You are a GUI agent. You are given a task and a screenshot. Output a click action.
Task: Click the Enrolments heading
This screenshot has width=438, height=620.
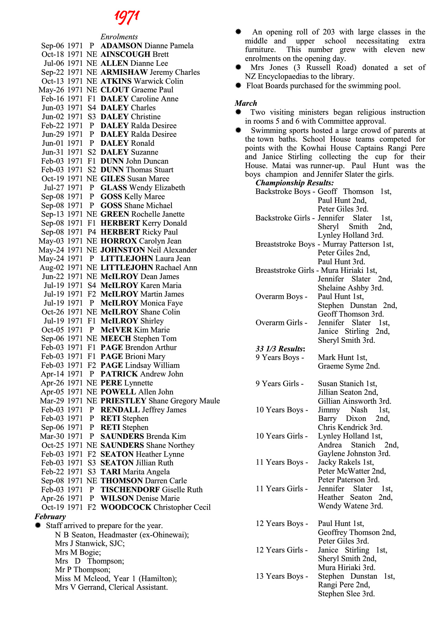119,37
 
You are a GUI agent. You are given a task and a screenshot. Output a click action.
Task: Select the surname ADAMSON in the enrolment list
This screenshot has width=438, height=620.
121,46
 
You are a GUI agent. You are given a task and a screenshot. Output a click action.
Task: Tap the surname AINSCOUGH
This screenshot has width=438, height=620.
125,54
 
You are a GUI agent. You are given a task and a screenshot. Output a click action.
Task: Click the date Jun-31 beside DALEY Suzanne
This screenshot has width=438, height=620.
53,152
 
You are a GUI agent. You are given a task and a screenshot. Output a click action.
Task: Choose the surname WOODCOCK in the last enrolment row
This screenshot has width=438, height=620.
126,507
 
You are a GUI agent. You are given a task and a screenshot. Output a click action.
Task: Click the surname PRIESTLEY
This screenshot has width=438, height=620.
123,401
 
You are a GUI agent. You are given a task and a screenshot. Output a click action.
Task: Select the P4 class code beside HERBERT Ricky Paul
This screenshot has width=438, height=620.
92,232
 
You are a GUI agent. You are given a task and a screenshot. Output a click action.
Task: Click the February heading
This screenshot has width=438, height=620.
50,517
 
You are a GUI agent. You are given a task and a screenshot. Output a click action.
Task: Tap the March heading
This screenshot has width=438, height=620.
246,103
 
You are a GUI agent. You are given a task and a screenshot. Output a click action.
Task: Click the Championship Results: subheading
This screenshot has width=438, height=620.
294,183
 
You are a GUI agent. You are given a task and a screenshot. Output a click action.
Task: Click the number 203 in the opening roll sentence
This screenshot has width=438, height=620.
328,32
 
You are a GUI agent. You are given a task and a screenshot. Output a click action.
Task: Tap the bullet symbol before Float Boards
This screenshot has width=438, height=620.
238,85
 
